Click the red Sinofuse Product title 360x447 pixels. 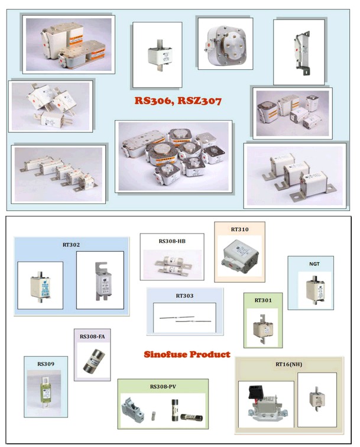point(187,354)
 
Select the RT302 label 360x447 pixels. point(71,244)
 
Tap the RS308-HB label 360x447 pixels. point(171,241)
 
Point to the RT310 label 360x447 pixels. point(239,229)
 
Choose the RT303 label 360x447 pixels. point(184,295)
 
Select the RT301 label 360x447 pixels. point(262,300)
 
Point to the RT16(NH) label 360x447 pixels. point(289,365)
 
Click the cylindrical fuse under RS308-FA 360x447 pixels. point(93,359)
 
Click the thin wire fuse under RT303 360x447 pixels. point(184,319)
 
